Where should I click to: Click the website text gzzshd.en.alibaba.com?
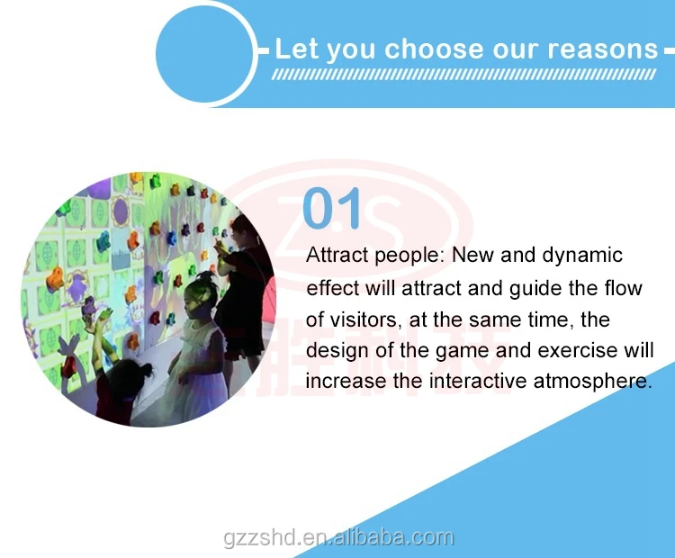pyautogui.click(x=338, y=538)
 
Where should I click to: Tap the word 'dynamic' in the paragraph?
pyautogui.click(x=582, y=256)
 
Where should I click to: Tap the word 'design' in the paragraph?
pyautogui.click(x=337, y=350)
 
